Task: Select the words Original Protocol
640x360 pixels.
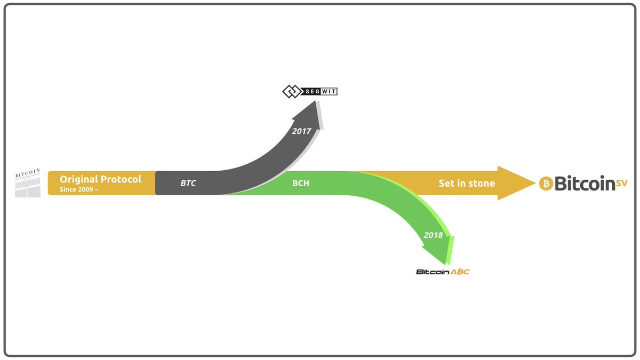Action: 100,179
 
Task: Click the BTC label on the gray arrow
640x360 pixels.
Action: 188,183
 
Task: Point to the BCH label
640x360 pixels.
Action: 301,183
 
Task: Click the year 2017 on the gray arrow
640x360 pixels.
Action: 301,131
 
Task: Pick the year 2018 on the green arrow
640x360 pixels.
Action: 433,235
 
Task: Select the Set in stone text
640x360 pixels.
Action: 467,183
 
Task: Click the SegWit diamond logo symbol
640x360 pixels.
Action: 292,92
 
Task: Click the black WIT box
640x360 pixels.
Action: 329,92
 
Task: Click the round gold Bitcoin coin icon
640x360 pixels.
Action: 546,184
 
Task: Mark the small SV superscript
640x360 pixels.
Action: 622,182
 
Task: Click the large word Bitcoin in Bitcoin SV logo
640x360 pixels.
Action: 585,184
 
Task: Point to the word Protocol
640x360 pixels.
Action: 122,179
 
